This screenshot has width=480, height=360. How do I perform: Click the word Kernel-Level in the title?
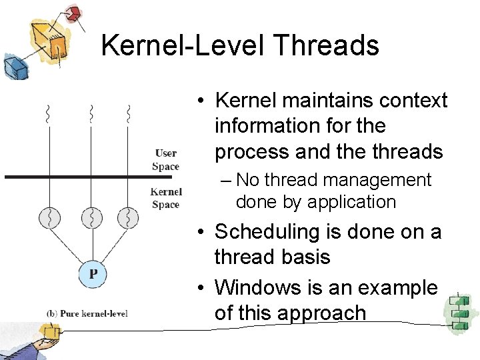[x=183, y=46]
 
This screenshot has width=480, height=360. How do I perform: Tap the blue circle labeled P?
[x=93, y=274]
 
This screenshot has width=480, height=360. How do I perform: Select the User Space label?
[x=165, y=160]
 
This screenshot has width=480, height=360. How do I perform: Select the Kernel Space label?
[x=165, y=198]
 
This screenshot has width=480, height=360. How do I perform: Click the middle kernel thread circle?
[x=91, y=217]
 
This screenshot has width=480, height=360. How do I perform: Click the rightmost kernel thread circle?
[x=127, y=217]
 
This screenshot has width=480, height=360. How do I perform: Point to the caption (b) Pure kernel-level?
[x=87, y=313]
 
